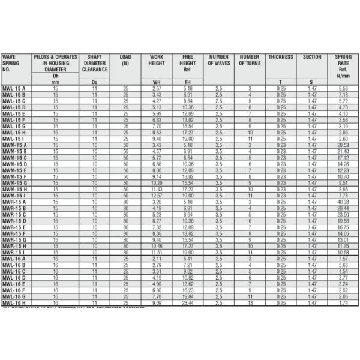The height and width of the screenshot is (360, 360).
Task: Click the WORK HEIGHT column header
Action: (x=157, y=60)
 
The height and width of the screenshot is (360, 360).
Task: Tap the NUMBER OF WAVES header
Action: (x=219, y=60)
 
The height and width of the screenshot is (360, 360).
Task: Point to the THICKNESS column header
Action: (x=281, y=57)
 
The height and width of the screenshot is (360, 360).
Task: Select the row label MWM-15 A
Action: (x=15, y=145)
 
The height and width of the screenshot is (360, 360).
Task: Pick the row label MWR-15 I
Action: (x=14, y=253)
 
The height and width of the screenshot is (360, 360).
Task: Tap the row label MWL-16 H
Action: (x=14, y=303)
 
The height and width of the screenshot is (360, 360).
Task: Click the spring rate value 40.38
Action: (x=343, y=202)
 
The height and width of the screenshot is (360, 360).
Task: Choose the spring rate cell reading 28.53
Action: (x=343, y=145)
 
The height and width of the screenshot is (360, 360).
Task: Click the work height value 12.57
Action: (x=157, y=196)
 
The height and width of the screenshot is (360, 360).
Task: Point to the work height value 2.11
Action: (x=157, y=259)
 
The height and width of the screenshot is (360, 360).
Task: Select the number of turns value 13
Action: (x=250, y=303)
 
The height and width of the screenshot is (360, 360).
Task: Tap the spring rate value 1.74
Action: (x=343, y=303)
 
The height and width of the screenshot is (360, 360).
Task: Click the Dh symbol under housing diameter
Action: (x=56, y=75)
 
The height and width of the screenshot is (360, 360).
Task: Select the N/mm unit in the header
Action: (x=343, y=76)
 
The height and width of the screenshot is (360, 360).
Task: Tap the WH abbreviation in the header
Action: (x=157, y=82)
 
